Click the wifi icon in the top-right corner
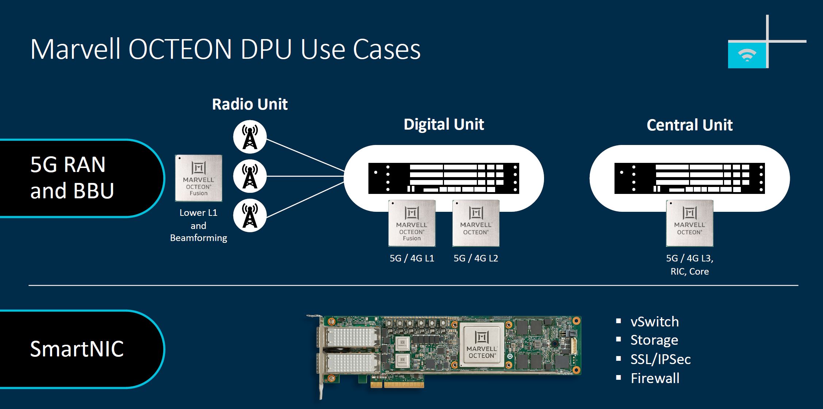747,55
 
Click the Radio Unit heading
250,104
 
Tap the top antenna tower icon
250,137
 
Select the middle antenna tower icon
250,176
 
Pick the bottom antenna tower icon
250,215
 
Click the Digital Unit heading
444,125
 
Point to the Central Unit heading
689,125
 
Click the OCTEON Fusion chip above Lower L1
198,178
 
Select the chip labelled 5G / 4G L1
411,223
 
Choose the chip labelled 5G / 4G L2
475,223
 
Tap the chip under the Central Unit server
689,223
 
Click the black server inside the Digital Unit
443,178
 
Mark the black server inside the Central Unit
689,178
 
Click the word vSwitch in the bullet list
654,322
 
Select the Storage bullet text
654,340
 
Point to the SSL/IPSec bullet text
661,359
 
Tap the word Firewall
655,378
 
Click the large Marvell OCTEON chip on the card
482,344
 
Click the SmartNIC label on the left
77,349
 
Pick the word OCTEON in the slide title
180,49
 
